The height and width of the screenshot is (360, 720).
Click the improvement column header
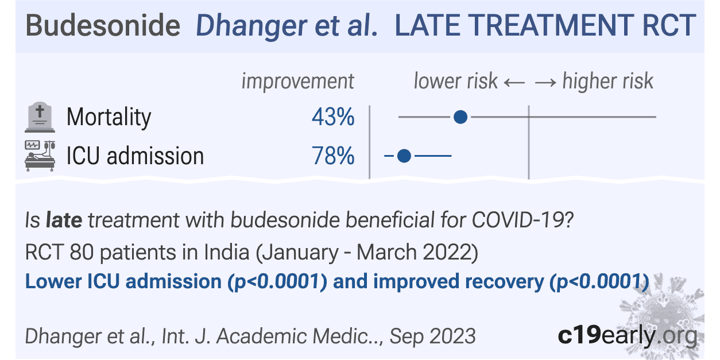click(297, 82)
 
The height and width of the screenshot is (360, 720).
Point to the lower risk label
click(455, 82)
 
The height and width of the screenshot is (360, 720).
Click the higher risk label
click(607, 82)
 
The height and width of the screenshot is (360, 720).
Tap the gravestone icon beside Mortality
click(40, 118)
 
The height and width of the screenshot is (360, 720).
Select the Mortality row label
click(109, 118)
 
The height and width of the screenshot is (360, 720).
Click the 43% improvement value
click(333, 118)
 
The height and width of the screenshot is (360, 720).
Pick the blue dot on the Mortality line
click(460, 118)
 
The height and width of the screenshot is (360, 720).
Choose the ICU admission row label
click(136, 156)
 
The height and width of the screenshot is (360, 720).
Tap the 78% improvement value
click(333, 156)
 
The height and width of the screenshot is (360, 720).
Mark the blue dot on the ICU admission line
click(404, 156)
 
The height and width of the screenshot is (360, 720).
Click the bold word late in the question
click(64, 220)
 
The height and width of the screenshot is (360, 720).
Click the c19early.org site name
click(627, 336)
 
